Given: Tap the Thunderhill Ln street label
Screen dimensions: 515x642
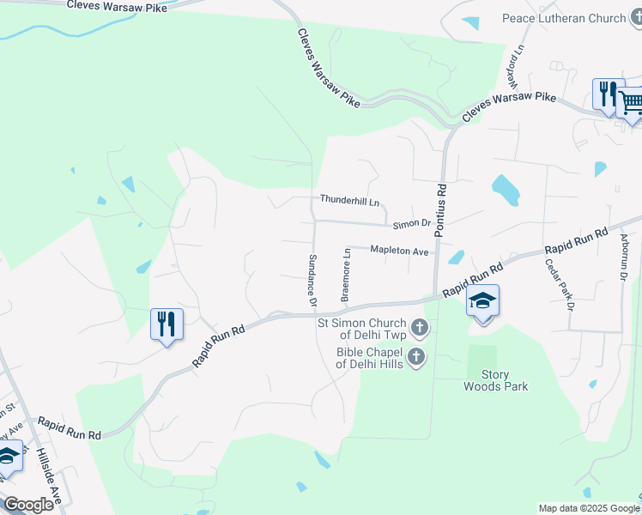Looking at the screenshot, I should tap(349, 200).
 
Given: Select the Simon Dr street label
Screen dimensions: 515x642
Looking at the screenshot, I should tap(411, 224).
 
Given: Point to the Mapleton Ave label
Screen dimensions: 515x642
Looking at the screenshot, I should tap(399, 251).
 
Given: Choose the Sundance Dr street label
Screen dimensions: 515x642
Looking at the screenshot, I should tap(312, 281).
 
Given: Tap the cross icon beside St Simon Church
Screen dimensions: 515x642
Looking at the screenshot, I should tap(419, 326).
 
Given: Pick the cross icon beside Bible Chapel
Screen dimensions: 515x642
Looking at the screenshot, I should tap(415, 356).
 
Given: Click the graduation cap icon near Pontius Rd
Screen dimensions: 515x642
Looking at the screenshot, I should tap(483, 301).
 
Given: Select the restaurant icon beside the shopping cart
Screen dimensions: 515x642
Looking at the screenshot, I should tap(608, 94).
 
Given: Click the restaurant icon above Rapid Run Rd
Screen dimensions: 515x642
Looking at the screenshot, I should tap(167, 324).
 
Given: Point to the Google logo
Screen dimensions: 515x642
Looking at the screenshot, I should tap(28, 505).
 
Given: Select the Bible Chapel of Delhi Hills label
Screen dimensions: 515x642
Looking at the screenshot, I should tap(369, 358).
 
